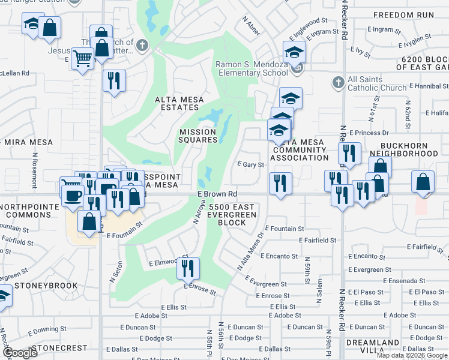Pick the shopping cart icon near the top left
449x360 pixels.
(82, 59)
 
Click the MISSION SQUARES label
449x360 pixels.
(197, 136)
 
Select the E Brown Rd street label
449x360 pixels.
(217, 194)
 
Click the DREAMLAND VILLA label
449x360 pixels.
(373, 347)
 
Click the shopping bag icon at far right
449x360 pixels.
(423, 182)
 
